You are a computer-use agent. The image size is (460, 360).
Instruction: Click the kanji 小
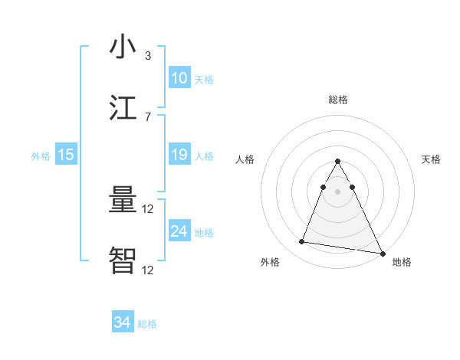(x=123, y=47)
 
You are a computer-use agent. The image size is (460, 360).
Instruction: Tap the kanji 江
(x=123, y=109)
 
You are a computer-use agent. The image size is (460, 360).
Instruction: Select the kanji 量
(x=123, y=201)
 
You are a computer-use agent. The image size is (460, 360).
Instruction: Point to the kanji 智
(x=123, y=261)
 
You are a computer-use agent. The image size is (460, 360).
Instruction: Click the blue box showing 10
(x=179, y=78)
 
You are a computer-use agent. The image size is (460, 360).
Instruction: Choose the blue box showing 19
(x=179, y=155)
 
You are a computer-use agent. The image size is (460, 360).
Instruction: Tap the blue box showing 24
(x=179, y=231)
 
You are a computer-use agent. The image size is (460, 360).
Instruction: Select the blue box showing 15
(x=66, y=155)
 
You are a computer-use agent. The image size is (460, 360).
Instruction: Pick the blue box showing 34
(x=123, y=322)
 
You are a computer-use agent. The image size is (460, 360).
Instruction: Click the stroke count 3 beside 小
(x=148, y=56)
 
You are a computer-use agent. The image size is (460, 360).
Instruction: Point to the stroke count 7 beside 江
(x=148, y=117)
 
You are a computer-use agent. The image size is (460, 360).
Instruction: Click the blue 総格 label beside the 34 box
(x=147, y=324)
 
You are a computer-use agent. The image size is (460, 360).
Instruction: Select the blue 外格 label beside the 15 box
(x=41, y=156)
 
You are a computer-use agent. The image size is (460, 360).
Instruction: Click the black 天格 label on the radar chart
(x=431, y=159)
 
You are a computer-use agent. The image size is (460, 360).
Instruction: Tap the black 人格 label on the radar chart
(x=245, y=159)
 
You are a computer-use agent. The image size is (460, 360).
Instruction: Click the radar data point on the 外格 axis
(x=301, y=242)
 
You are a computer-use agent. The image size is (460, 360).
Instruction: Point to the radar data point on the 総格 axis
(x=337, y=162)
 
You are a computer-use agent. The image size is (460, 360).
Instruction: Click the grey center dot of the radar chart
(x=337, y=191)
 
